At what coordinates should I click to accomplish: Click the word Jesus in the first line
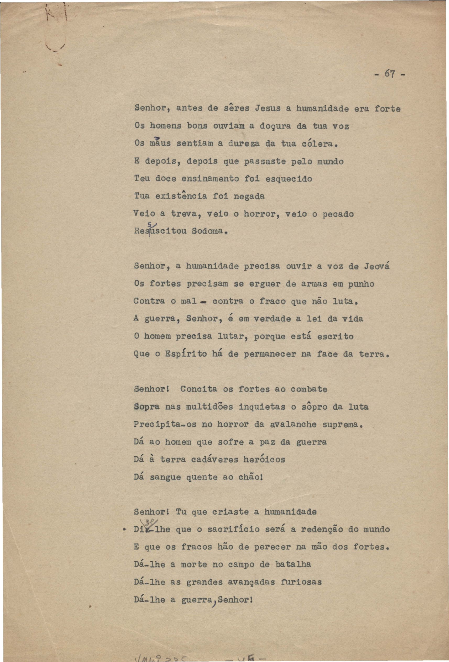pyautogui.click(x=268, y=108)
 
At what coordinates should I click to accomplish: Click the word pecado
pyautogui.click(x=338, y=214)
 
